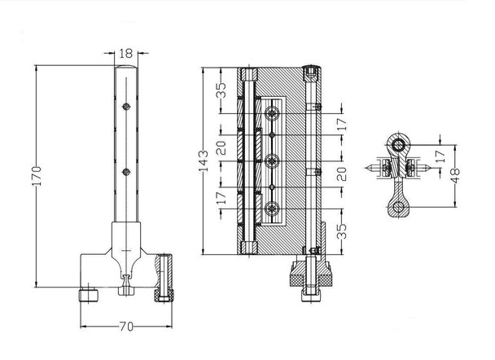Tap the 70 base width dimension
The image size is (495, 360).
[125, 327]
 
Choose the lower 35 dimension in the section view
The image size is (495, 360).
[344, 230]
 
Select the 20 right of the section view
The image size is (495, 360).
[343, 173]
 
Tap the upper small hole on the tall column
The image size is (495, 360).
[126, 106]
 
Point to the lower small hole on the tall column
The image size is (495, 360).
[126, 171]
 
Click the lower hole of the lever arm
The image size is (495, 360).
[397, 209]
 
